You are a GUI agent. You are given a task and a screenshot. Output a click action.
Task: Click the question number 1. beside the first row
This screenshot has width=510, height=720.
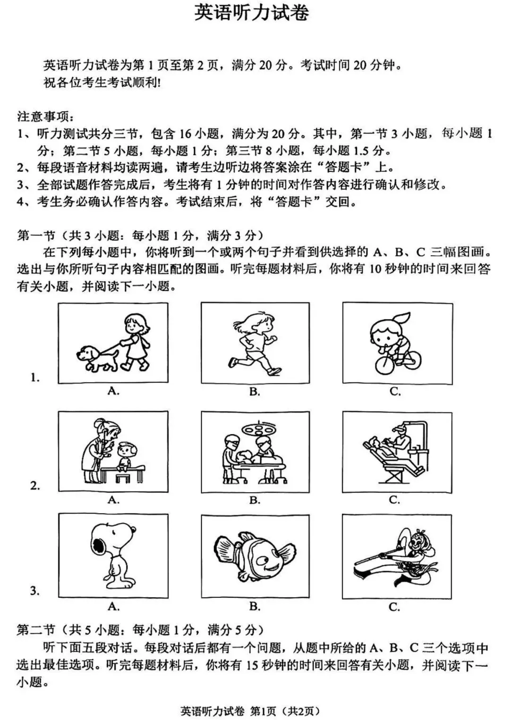tap(34, 377)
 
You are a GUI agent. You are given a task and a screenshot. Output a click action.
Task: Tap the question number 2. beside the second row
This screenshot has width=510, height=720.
tap(34, 486)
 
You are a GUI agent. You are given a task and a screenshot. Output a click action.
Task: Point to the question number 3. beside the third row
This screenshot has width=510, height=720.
tap(34, 590)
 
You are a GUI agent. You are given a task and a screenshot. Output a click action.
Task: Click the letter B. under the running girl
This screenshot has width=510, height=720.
tap(255, 391)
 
